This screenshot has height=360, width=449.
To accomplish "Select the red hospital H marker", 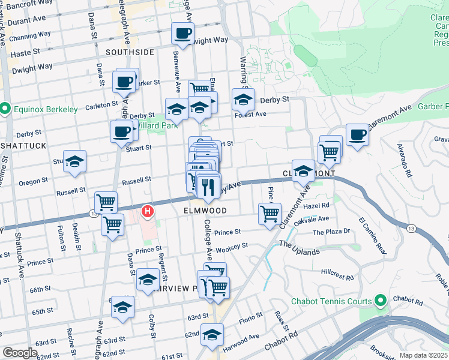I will coord(147,211).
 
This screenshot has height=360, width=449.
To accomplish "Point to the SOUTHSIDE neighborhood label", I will coord(130,52).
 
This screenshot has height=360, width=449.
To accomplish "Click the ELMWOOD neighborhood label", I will coord(205,211).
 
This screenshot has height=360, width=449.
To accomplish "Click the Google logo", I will coord(20,353).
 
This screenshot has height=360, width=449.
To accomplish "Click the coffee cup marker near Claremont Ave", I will coord(357,134).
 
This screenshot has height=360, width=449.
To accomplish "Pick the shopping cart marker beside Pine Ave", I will coord(270,213).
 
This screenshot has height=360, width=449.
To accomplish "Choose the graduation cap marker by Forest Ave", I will coord(244,99).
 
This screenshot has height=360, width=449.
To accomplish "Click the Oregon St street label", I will coord(34,181).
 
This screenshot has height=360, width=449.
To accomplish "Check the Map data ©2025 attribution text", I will coord(423,355).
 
